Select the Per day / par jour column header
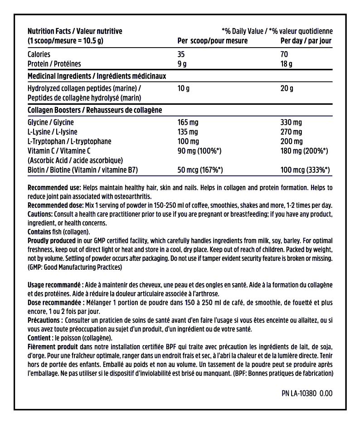(x=306, y=41)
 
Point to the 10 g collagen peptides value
(x=183, y=88)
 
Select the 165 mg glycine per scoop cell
(x=187, y=122)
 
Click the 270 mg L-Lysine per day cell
(x=291, y=132)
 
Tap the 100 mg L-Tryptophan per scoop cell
(x=187, y=141)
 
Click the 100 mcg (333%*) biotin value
(x=305, y=170)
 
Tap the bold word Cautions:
(x=40, y=214)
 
